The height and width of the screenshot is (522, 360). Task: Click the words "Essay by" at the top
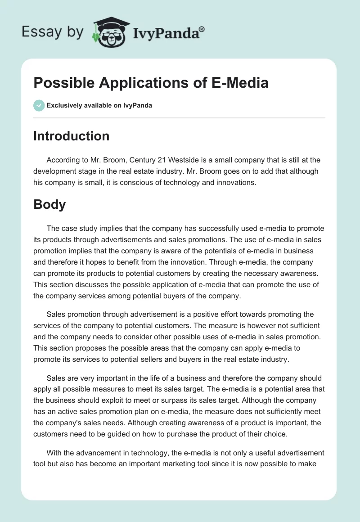[x=51, y=32]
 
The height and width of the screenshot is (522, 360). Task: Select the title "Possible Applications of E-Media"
[x=151, y=83]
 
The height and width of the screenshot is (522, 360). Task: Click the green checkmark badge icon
[x=39, y=105]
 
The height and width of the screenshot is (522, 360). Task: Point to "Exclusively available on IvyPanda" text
[x=99, y=106]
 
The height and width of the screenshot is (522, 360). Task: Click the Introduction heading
[x=71, y=136]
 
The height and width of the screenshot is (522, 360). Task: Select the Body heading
[x=49, y=204]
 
